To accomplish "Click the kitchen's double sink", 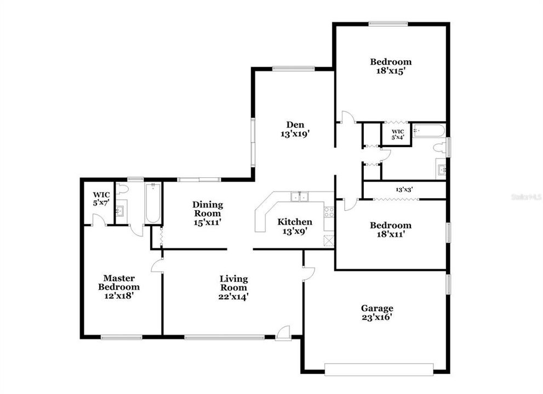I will tap(299, 197).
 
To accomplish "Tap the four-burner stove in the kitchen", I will tap(329, 212).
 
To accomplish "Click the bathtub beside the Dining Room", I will tap(153, 203).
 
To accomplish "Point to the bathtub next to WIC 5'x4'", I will tap(428, 131).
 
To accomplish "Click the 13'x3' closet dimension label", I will tap(404, 190).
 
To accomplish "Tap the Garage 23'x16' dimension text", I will tap(376, 317).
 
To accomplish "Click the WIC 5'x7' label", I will tap(101, 199).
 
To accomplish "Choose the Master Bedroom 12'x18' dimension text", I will tap(119, 295).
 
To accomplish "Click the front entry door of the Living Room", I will tap(283, 333).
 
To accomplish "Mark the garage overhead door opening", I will tap(379, 369).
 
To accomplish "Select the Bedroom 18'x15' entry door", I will tap(346, 117).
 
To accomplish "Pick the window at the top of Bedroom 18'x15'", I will tap(388, 24).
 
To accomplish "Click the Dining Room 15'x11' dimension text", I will tap(208, 222).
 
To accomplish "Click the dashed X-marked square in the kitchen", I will tap(329, 241).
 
